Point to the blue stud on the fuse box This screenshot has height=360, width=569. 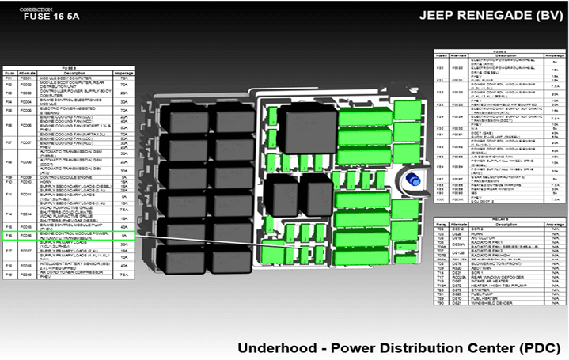[x=412, y=182]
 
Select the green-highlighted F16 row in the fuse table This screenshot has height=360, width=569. [x=68, y=236]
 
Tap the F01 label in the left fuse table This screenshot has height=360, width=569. [x=9, y=79]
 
